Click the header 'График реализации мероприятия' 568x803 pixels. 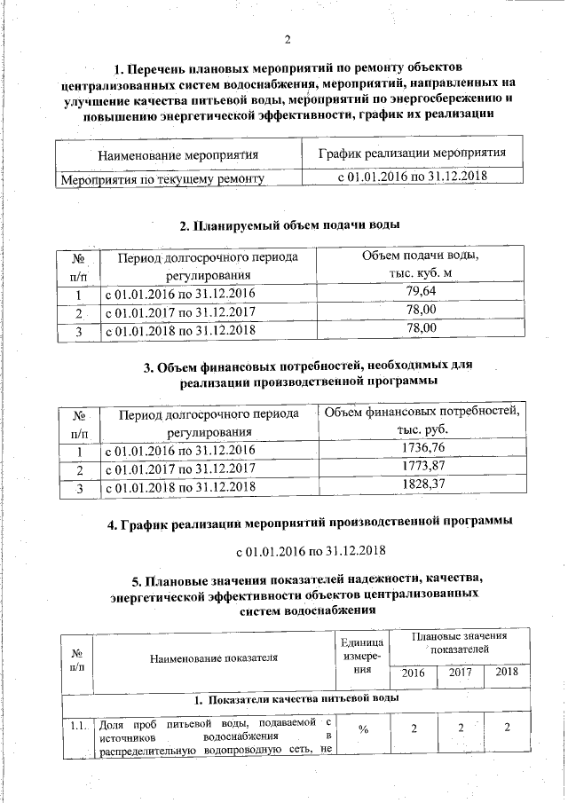coord(412,153)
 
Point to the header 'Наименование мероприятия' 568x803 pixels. coord(178,154)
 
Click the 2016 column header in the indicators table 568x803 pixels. coord(414,673)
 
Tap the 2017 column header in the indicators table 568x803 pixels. coord(460,673)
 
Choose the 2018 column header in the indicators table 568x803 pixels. coord(507,673)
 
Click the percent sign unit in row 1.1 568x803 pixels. coord(364,728)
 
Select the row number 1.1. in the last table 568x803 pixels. coord(77,728)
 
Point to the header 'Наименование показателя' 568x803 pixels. coord(213,657)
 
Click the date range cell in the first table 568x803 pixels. coord(412,177)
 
